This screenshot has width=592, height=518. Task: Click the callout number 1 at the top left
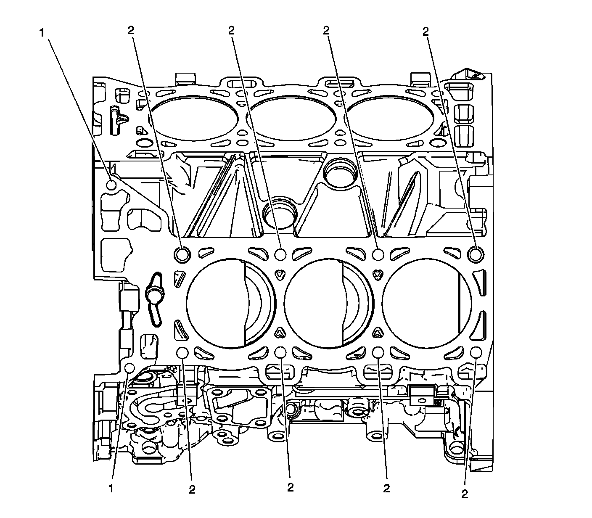(42, 33)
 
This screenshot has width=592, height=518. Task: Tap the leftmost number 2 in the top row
(132, 30)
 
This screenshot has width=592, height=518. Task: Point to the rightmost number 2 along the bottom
(464, 494)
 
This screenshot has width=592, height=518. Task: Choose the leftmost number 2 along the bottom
(192, 489)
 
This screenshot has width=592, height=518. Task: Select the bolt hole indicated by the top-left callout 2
(182, 254)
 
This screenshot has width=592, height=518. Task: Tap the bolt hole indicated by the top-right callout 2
(476, 254)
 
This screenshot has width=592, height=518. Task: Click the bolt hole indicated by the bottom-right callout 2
(476, 352)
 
